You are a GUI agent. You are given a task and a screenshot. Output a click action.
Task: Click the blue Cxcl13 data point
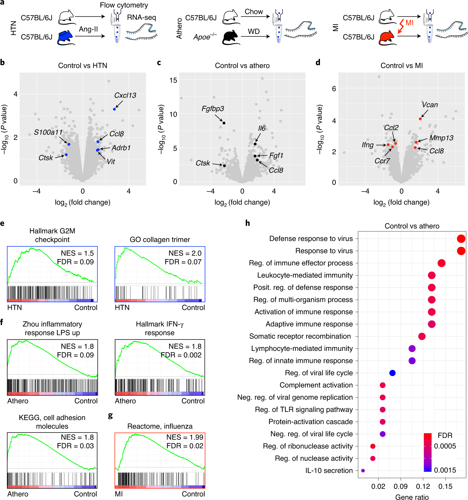click(x=114, y=109)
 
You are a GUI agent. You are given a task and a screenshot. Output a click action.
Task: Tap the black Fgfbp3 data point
click(x=224, y=123)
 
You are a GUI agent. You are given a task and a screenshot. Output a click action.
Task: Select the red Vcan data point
click(x=420, y=119)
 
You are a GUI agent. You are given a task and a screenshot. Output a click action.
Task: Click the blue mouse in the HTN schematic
click(x=65, y=37)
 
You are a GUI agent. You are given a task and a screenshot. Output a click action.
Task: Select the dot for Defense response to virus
click(x=461, y=239)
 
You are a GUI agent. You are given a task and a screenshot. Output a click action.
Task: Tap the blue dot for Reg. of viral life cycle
click(x=392, y=373)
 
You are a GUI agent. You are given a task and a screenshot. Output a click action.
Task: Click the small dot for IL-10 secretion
click(x=363, y=471)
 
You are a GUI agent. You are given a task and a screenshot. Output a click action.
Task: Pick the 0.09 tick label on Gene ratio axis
click(x=400, y=486)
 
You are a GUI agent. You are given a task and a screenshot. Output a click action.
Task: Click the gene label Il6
click(x=262, y=128)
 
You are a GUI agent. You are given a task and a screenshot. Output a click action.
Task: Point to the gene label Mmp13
click(x=441, y=138)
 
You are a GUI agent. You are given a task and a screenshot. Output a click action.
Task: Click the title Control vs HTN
click(x=83, y=66)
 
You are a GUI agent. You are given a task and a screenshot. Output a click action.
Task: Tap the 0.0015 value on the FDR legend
click(x=445, y=470)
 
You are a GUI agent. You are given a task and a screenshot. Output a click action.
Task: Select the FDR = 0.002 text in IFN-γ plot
click(x=181, y=355)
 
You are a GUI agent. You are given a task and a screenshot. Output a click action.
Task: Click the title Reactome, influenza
click(x=160, y=426)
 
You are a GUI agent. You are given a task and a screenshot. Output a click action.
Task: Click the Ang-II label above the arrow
click(x=88, y=29)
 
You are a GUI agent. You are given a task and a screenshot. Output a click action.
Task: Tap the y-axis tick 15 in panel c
click(x=173, y=80)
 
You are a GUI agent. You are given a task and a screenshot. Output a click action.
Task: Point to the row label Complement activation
click(x=316, y=385)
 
